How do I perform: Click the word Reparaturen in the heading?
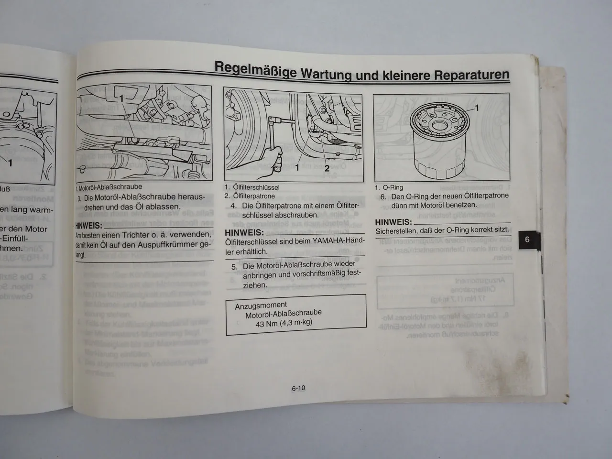pyautogui.click(x=471, y=76)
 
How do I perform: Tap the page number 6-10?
pyautogui.click(x=298, y=388)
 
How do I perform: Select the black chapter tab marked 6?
pyautogui.click(x=527, y=240)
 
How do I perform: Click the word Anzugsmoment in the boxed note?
pyautogui.click(x=261, y=305)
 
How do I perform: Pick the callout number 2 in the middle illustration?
pyautogui.click(x=327, y=168)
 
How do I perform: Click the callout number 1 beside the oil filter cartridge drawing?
pyautogui.click(x=477, y=109)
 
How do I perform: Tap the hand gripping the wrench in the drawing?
pyautogui.click(x=274, y=159)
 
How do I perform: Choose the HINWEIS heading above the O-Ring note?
pyautogui.click(x=393, y=222)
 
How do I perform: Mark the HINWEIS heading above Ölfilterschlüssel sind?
pyautogui.click(x=244, y=232)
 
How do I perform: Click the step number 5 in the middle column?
pyautogui.click(x=234, y=267)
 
